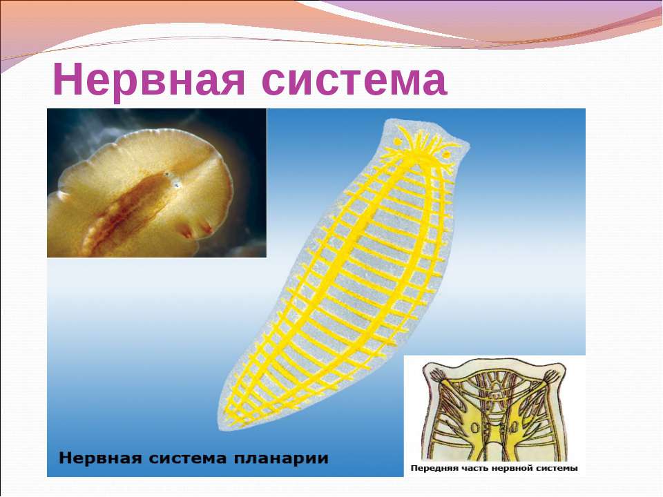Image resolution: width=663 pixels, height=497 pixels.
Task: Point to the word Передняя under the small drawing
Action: (431, 469)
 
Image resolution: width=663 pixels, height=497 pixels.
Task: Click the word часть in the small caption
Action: (468, 468)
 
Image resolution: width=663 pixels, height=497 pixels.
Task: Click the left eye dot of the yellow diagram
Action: (398, 142)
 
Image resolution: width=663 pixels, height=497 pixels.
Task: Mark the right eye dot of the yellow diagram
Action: (446, 155)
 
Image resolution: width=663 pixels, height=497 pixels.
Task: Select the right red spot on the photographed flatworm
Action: (206, 228)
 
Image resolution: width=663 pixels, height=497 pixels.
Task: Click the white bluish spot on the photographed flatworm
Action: (175, 183)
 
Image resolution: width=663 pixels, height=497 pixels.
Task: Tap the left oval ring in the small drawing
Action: (474, 429)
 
